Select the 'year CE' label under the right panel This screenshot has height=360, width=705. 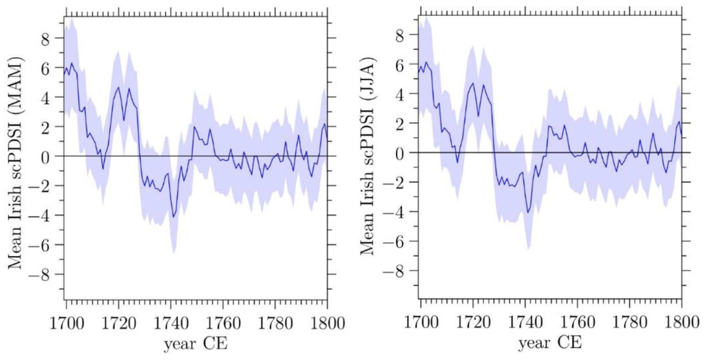pyautogui.click(x=550, y=342)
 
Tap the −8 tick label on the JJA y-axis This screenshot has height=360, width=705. pyautogui.click(x=395, y=271)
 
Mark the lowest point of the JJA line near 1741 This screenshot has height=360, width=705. pyautogui.click(x=527, y=212)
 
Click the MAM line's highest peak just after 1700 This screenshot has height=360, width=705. pyautogui.click(x=72, y=63)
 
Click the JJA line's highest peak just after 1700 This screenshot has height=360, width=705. pyautogui.click(x=425, y=62)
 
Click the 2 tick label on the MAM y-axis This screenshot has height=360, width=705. pyautogui.click(x=45, y=127)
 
